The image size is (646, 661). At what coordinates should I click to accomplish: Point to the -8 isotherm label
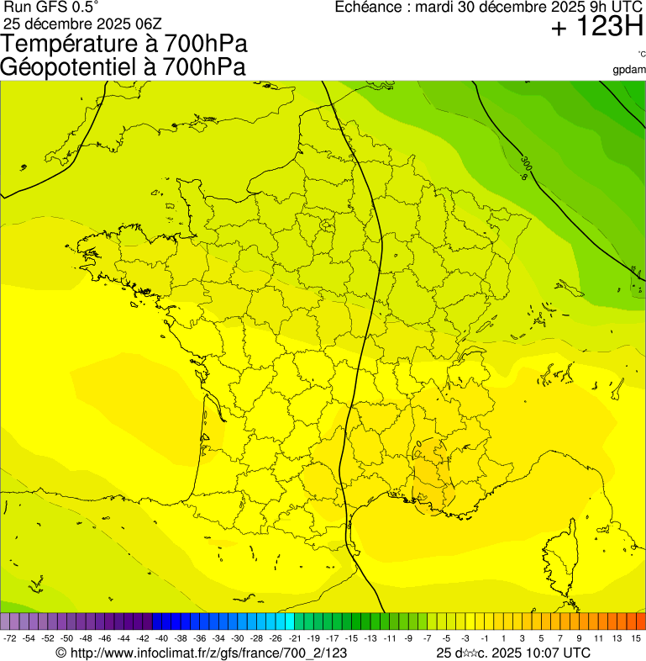click(524, 177)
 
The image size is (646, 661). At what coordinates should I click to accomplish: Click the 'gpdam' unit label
click(630, 69)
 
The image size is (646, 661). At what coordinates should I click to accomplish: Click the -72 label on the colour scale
click(10, 639)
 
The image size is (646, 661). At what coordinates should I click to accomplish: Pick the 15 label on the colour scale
click(637, 639)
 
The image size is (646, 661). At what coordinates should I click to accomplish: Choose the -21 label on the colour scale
click(294, 639)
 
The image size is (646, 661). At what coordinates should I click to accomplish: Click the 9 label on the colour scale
click(580, 639)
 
